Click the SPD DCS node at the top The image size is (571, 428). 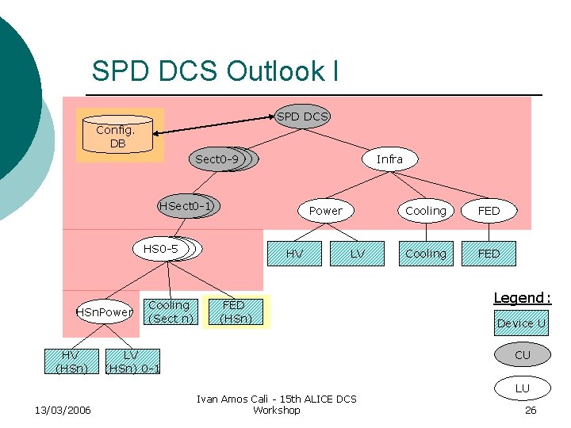pyautogui.click(x=302, y=117)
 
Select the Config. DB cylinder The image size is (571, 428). pyautogui.click(x=117, y=136)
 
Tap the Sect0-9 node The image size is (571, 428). pyautogui.click(x=217, y=159)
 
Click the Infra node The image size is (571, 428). pyautogui.click(x=389, y=159)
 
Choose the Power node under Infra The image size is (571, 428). pyautogui.click(x=325, y=210)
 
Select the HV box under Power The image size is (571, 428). pyautogui.click(x=294, y=254)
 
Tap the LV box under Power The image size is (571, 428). pyautogui.click(x=358, y=254)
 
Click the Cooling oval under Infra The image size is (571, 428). pyautogui.click(x=426, y=211)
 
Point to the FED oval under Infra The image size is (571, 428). pyautogui.click(x=489, y=211)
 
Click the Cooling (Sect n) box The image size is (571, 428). pyautogui.click(x=169, y=311)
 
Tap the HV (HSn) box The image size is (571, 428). pyautogui.click(x=71, y=361)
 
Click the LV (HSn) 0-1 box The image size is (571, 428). pyautogui.click(x=132, y=361)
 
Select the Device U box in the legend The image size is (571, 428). pyautogui.click(x=521, y=323)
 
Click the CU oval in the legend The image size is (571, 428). pyautogui.click(x=522, y=355)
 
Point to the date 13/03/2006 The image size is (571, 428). pyautogui.click(x=63, y=410)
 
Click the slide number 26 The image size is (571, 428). pyautogui.click(x=531, y=410)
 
